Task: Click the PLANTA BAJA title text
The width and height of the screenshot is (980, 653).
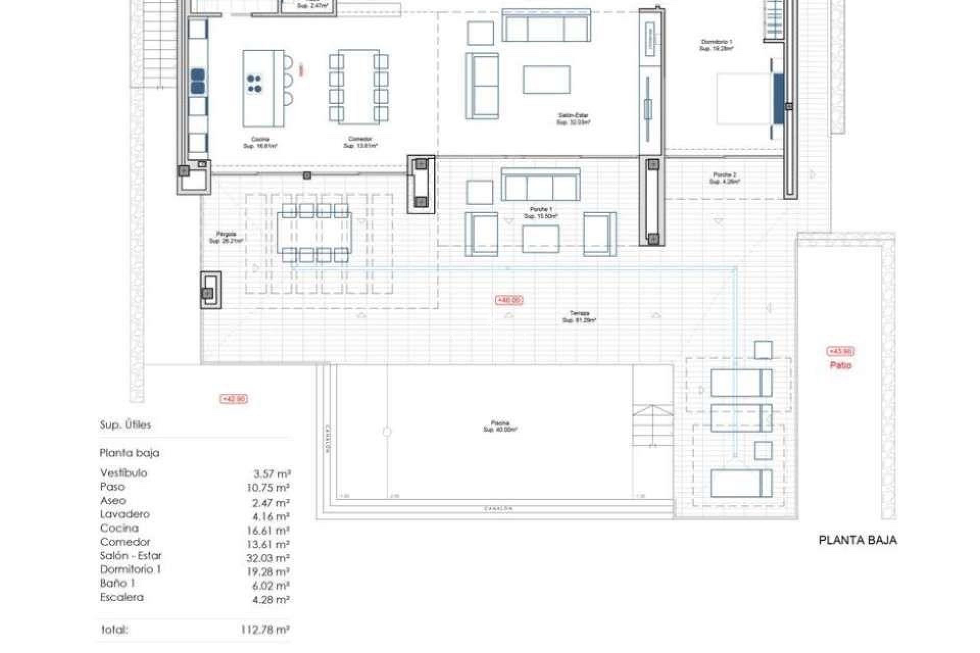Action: [857, 540]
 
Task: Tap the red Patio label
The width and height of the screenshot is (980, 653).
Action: [840, 365]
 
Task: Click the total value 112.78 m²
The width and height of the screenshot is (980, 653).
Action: [265, 630]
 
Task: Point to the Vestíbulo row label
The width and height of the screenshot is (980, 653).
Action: [124, 473]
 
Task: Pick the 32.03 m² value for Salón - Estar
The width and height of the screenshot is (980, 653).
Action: [268, 558]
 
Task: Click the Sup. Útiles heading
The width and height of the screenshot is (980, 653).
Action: [126, 424]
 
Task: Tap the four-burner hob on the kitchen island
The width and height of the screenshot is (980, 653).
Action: [254, 84]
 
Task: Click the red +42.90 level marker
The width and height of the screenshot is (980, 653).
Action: [234, 399]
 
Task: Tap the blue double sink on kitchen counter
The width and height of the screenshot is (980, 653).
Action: [198, 82]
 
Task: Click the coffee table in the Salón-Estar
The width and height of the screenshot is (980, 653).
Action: [546, 80]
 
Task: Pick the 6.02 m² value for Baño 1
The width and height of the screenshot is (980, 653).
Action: [271, 586]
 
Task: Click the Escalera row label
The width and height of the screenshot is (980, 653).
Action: [121, 597]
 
